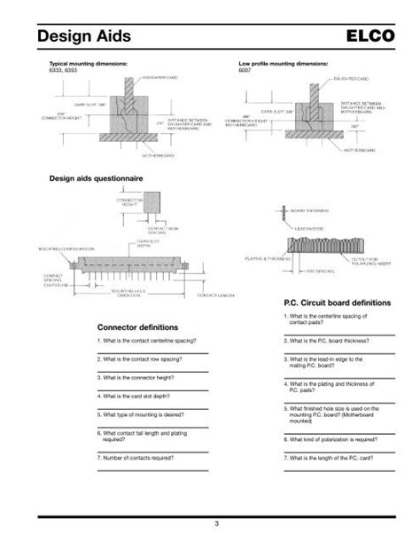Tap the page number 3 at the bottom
click(209, 529)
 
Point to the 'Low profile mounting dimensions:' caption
click(284, 64)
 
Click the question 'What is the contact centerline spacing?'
click(146, 341)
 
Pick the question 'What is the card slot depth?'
click(137, 395)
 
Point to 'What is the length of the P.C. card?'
click(328, 457)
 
